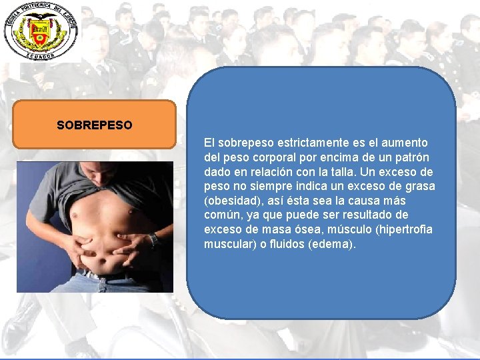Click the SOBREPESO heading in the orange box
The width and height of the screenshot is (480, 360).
tap(95, 125)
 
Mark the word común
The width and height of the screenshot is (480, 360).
tap(221, 215)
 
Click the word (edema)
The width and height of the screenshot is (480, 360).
tap(333, 244)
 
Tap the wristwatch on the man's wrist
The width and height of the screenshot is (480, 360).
tap(153, 239)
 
